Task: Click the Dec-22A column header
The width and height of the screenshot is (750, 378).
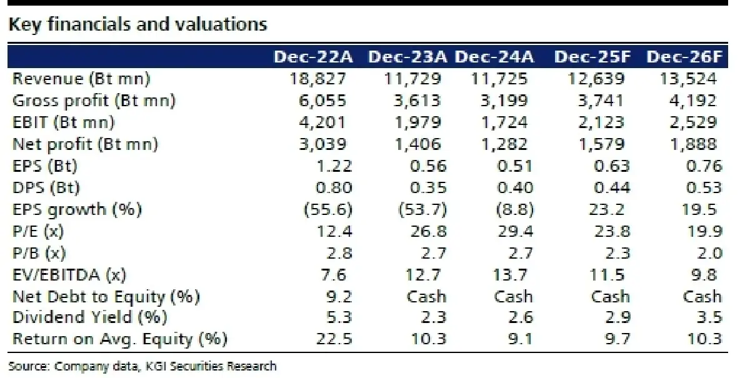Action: tap(314, 57)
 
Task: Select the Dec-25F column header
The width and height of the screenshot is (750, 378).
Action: tap(592, 57)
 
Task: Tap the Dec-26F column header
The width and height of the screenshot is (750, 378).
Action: tap(685, 57)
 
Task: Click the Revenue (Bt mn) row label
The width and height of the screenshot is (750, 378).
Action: tap(81, 79)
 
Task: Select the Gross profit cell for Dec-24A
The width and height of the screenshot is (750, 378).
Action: tap(505, 101)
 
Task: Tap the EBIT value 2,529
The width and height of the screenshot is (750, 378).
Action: tap(692, 122)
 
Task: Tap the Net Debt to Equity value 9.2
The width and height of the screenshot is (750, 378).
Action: tap(338, 296)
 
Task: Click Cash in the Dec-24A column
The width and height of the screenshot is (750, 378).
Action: tap(513, 296)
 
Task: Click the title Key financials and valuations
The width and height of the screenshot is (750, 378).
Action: tap(137, 24)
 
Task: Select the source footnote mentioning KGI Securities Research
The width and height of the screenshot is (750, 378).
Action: tap(142, 366)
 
